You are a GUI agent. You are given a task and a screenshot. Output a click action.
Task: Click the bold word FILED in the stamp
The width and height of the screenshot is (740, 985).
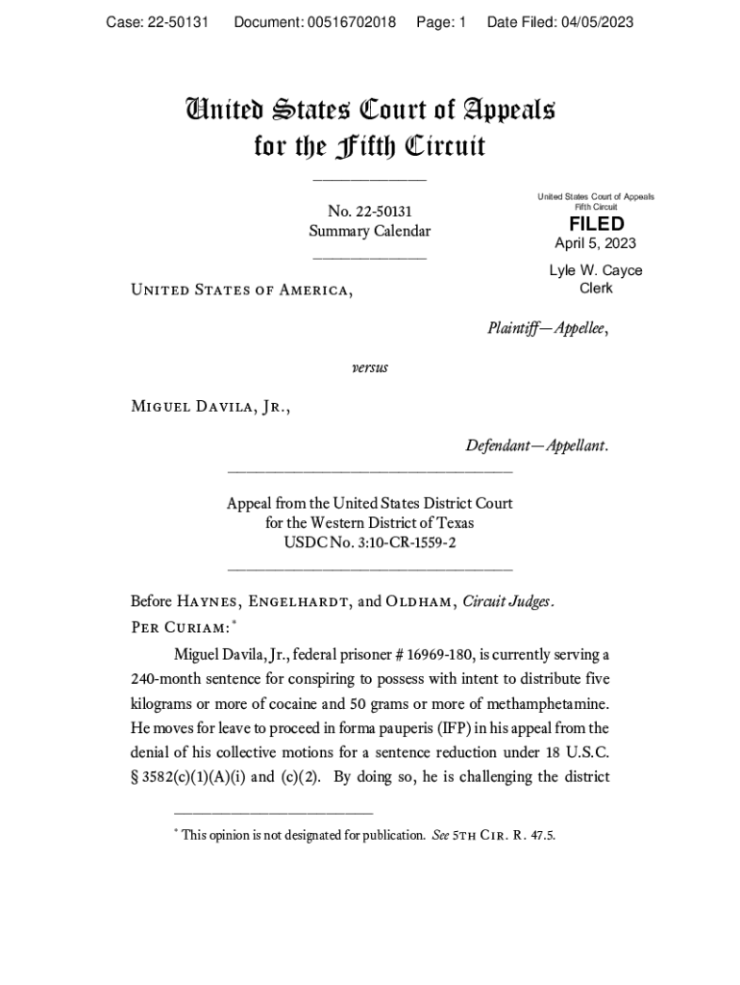596,224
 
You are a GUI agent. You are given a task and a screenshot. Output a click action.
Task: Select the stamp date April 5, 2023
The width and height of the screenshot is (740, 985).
595,244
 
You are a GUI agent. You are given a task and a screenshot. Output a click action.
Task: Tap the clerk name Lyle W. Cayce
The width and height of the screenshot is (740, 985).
596,270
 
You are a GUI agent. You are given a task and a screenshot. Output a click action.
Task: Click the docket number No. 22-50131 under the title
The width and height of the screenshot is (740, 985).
369,212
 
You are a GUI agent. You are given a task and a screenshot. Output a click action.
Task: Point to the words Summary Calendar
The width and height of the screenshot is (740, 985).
369,232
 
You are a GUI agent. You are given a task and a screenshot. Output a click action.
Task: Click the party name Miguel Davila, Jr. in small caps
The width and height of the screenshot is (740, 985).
210,406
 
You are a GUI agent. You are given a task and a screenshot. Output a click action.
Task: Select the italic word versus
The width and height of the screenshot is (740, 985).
370,367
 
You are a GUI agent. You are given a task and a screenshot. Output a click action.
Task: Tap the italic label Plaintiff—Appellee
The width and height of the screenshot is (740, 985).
548,329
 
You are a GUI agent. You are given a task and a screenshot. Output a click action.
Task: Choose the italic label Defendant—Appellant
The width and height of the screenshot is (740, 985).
536,446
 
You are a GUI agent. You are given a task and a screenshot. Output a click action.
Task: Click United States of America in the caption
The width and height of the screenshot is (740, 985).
241,290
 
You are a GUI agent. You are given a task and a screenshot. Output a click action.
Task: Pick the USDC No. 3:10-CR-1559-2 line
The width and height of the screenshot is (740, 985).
369,543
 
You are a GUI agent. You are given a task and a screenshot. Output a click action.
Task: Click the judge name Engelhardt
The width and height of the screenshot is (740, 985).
299,603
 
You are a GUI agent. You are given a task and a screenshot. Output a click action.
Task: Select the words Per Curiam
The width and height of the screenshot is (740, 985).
180,627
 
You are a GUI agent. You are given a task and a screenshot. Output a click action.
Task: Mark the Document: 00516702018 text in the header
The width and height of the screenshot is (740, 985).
315,22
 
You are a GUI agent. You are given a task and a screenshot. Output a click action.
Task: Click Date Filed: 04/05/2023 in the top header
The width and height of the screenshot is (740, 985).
560,22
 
